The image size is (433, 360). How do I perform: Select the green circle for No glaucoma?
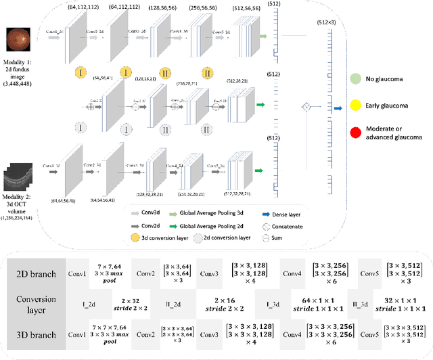coord(355,78)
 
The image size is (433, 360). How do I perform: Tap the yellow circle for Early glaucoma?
coord(355,104)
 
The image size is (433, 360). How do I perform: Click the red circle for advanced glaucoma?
coord(355,130)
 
